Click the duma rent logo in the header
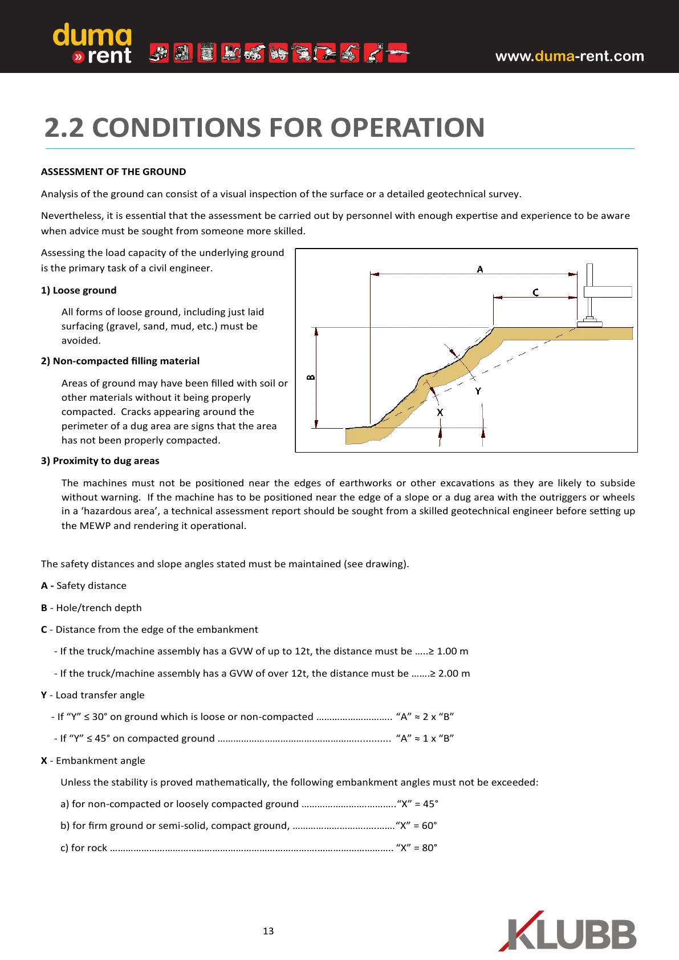[x=92, y=44]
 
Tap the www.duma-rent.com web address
[x=570, y=56]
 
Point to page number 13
[x=268, y=931]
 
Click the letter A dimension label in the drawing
[x=480, y=269]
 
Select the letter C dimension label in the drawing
[x=535, y=292]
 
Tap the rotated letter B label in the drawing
[x=311, y=377]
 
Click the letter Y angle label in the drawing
[x=478, y=391]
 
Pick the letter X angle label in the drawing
[x=440, y=412]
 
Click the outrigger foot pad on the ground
[x=589, y=324]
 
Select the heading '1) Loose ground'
[x=79, y=290]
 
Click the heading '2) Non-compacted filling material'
[x=120, y=361]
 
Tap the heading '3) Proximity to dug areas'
[x=100, y=461]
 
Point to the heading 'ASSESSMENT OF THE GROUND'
[x=113, y=172]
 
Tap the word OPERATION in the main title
[x=408, y=128]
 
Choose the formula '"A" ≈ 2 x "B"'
[x=425, y=717]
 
